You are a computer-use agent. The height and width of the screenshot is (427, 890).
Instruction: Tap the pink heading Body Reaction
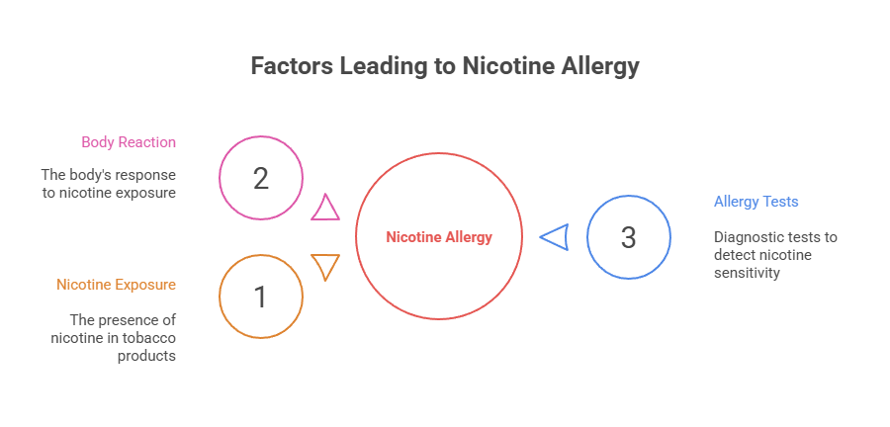[129, 142]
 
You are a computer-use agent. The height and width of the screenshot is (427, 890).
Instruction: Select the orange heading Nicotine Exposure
[116, 285]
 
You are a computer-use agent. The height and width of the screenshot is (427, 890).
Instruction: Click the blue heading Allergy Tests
[756, 202]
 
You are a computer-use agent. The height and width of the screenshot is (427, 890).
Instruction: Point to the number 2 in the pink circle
[261, 179]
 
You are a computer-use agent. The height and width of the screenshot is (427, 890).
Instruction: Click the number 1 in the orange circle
[261, 297]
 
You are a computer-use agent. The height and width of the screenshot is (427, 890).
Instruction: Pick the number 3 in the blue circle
[629, 237]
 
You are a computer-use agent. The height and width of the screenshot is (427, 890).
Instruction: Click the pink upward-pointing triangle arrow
[325, 208]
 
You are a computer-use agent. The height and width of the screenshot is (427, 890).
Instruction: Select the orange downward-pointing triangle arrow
[325, 266]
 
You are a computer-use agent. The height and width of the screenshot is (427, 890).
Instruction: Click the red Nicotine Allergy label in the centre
[439, 237]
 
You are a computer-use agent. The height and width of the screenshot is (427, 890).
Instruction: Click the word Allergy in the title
[598, 66]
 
